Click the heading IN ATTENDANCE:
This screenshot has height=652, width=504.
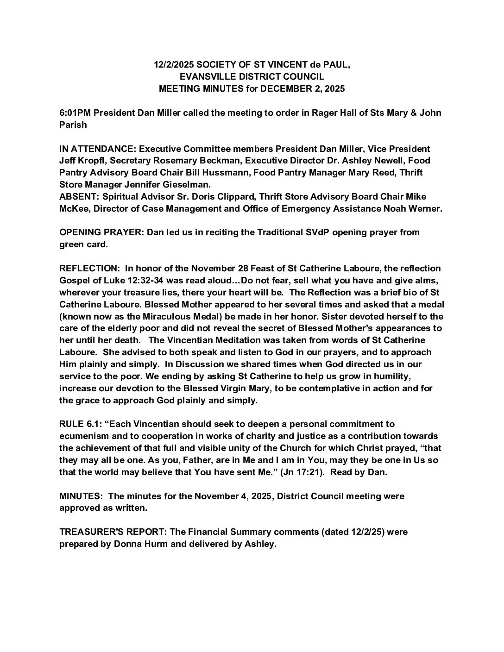coord(98,149)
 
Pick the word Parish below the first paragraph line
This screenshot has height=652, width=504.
coord(73,125)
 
